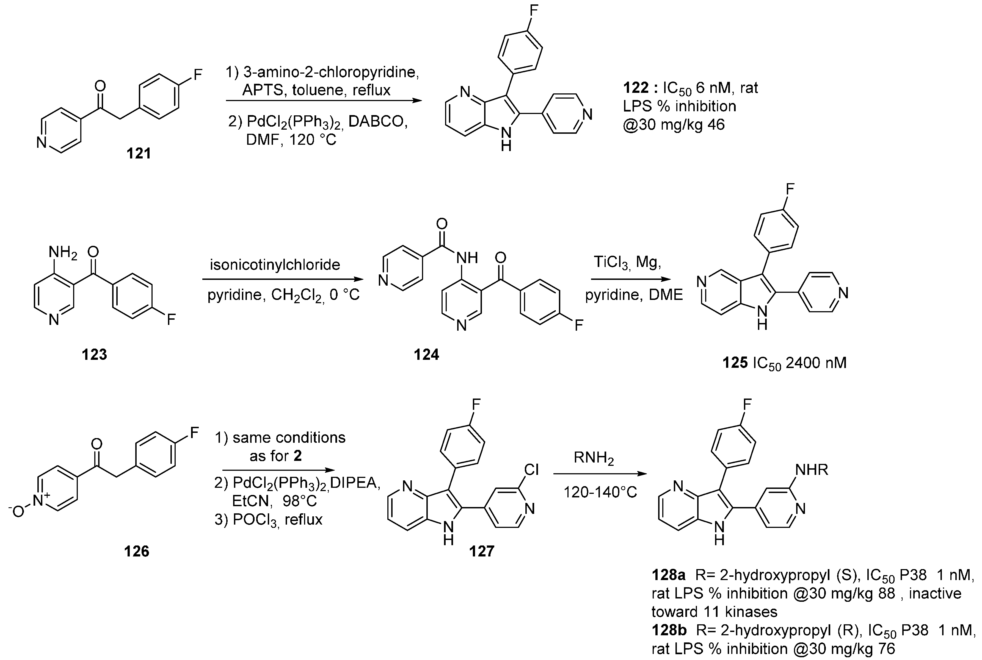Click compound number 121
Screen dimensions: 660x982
(x=139, y=153)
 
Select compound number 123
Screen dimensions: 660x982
(x=94, y=354)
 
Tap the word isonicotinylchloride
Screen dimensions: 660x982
(x=275, y=265)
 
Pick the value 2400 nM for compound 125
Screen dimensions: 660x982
(x=816, y=363)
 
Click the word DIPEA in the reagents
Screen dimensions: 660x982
(x=355, y=483)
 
